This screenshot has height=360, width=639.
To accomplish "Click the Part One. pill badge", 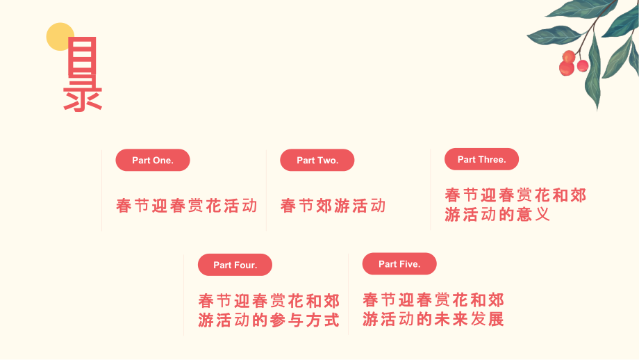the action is tap(153, 160).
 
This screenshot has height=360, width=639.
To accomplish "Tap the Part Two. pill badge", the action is tap(317, 160).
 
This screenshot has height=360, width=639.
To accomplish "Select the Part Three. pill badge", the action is tap(482, 159).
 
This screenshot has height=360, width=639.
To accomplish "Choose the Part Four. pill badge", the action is tap(235, 265).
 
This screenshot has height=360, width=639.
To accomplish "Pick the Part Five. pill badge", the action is tap(399, 264).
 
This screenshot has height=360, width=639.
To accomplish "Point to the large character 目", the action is tap(82, 56).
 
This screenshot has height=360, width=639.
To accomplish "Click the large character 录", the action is tap(83, 94).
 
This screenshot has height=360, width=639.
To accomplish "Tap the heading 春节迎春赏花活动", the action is tap(187, 206).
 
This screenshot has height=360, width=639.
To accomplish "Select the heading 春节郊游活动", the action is tap(333, 206).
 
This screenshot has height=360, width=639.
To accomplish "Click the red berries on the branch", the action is tap(572, 63).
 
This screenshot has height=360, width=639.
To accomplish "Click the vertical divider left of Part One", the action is tap(102, 190).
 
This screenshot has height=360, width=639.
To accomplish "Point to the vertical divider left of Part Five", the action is tap(349, 295).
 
